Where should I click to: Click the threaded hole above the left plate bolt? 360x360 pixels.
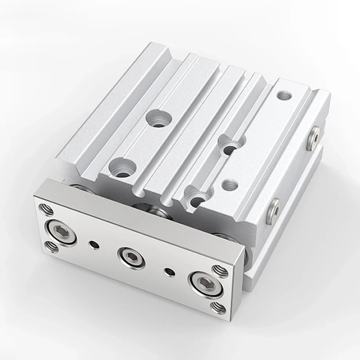click(x=45, y=209)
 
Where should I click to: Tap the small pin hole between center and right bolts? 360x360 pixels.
click(x=170, y=271)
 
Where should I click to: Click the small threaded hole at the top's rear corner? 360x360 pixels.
click(x=283, y=95)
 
